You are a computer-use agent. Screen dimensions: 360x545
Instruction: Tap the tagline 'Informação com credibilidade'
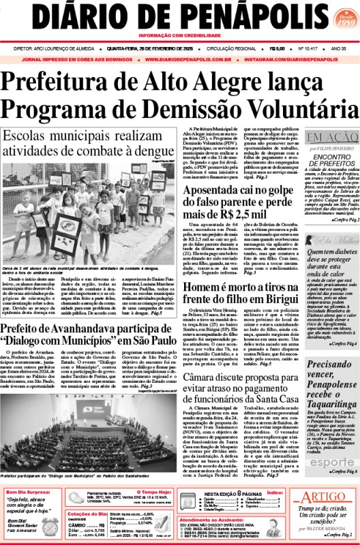[x=179, y=35]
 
